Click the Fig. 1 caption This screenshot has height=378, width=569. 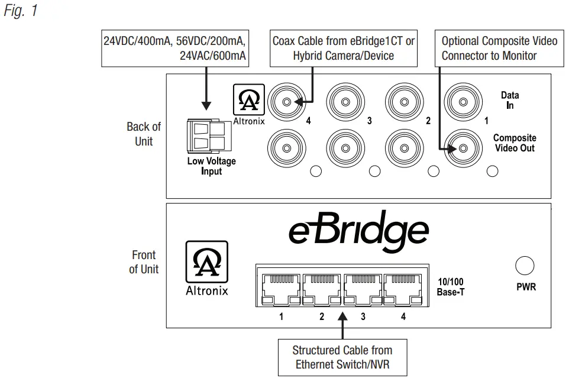pos(20,11)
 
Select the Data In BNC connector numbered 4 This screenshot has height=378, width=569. pos(286,102)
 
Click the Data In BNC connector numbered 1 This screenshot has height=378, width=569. pos(462,102)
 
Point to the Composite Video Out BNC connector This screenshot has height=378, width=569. pos(462,144)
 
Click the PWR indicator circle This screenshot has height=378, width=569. pos(525,266)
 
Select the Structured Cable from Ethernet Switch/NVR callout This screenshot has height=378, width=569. pos(342,357)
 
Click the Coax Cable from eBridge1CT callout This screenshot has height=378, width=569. pos(343,48)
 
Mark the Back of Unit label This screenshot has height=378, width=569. pos(143,134)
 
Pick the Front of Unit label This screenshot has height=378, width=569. pos(144,262)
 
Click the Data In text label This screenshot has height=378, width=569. pos(509,99)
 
